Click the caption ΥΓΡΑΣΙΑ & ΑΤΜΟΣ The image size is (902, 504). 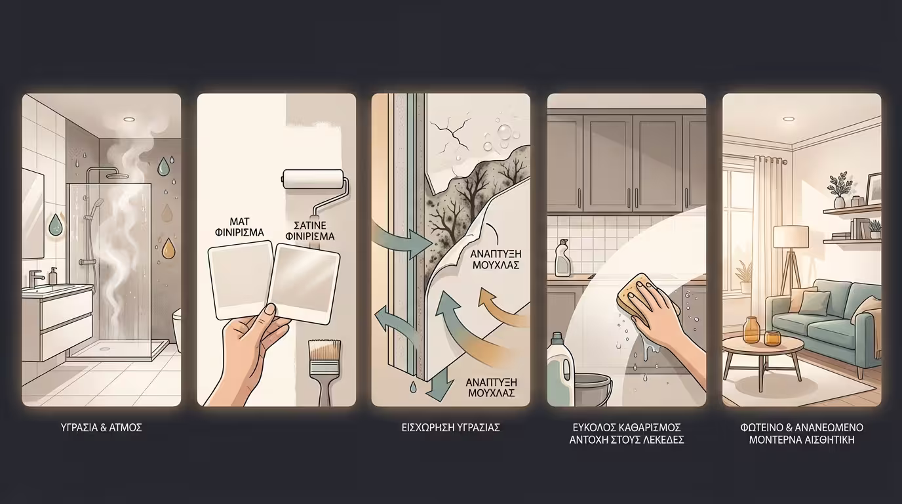pos(101,427)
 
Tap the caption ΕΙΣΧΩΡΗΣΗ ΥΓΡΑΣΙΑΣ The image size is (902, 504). pos(450,427)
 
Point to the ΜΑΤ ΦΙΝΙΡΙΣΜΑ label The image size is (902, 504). pos(240,227)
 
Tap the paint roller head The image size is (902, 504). pos(313,179)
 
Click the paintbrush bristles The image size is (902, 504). pos(324,350)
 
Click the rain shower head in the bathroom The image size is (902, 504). pos(119,175)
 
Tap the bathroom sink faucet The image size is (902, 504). pos(35,278)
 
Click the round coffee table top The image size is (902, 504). pos(757,345)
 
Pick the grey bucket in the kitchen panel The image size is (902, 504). pos(593,390)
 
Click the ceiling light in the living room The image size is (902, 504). pos(789,119)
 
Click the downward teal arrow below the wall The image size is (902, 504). pos(435,387)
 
